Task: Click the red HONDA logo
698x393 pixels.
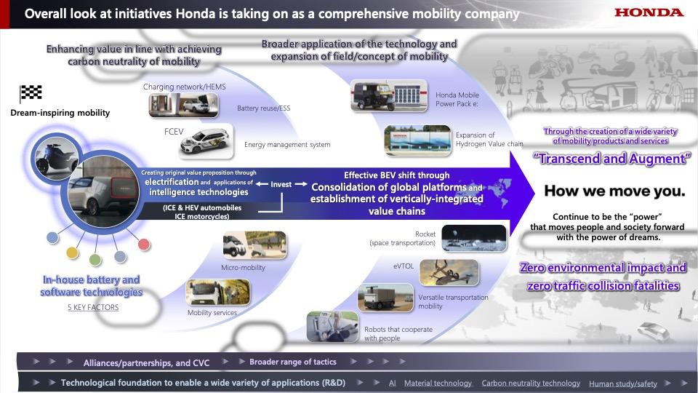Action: pyautogui.click(x=649, y=12)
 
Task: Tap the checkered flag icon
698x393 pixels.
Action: pyautogui.click(x=31, y=93)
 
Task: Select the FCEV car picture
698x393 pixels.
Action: pyautogui.click(x=206, y=141)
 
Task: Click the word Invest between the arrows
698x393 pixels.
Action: pyautogui.click(x=281, y=184)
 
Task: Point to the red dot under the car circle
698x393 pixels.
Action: pyautogui.click(x=144, y=245)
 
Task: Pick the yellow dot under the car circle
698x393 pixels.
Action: pyautogui.click(x=72, y=253)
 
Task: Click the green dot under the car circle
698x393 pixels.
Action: pyautogui.click(x=95, y=259)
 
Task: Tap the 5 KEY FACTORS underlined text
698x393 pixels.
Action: pyautogui.click(x=93, y=307)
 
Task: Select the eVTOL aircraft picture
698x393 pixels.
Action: pyautogui.click(x=449, y=273)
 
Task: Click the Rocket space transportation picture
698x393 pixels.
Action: pyautogui.click(x=474, y=239)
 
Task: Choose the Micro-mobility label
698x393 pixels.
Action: pyautogui.click(x=243, y=267)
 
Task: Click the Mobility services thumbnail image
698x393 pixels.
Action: pyautogui.click(x=218, y=293)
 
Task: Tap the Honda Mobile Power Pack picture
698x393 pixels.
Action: pyautogui.click(x=389, y=95)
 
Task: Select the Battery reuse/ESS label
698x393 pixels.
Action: pyautogui.click(x=263, y=108)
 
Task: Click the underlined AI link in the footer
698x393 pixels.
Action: pyautogui.click(x=392, y=383)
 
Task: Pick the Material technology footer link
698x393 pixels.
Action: pyautogui.click(x=438, y=383)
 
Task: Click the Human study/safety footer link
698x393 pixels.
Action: pyautogui.click(x=623, y=384)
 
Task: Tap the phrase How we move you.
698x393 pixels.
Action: pyautogui.click(x=614, y=191)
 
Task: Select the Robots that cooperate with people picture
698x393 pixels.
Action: pyautogui.click(x=332, y=327)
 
